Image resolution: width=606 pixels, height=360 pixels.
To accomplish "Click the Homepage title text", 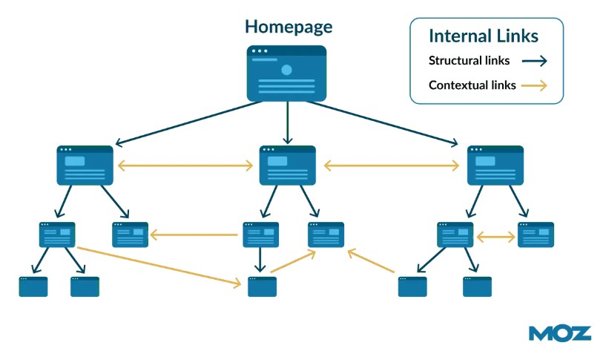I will (289, 27).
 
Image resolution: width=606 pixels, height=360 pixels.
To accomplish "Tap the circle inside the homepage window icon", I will (286, 70).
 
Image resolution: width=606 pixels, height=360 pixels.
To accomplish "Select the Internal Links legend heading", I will (484, 36).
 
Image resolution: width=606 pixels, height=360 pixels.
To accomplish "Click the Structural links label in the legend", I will (469, 61).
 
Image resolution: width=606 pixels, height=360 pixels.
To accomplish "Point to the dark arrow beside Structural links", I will (533, 62).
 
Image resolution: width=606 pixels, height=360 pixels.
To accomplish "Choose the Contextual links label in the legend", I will (472, 85).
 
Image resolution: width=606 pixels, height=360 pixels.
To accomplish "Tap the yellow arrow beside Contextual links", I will (533, 85).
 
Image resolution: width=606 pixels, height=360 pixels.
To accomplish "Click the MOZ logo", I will (560, 333).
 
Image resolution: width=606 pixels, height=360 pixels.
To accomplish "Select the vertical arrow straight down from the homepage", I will (287, 122).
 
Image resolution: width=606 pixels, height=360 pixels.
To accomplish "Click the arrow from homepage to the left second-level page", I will (189, 122).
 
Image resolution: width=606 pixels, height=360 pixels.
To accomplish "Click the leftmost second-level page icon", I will (85, 165).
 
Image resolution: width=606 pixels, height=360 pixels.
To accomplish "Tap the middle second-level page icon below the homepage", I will (287, 165).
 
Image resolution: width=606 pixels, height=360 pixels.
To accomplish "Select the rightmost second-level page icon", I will (495, 165).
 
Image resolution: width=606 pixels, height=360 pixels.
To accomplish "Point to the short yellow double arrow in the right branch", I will (495, 237).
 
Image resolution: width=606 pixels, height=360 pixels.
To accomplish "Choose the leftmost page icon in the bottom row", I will (33, 287).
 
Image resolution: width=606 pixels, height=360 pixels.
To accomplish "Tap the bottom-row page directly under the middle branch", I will (262, 287).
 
